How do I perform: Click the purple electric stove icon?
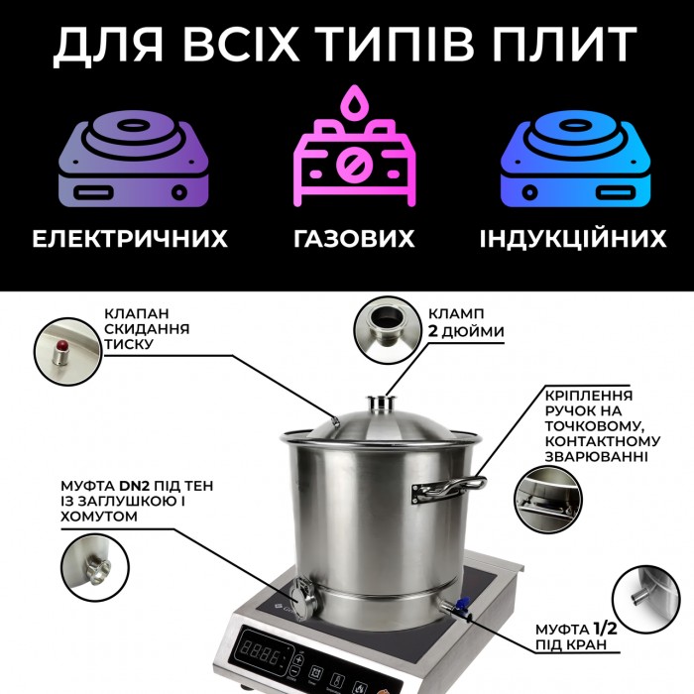pyautogui.click(x=134, y=159)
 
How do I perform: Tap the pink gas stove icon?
pyautogui.click(x=355, y=146)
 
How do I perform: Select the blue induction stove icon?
pyautogui.click(x=575, y=159)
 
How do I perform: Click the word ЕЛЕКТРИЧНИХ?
pyautogui.click(x=130, y=239)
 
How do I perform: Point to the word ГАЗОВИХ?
pyautogui.click(x=354, y=239)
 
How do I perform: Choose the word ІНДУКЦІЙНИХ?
pyautogui.click(x=573, y=238)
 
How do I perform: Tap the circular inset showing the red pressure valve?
pyautogui.click(x=68, y=351)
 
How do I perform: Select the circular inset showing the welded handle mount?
pyautogui.click(x=548, y=500)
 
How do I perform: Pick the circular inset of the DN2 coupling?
pyautogui.click(x=95, y=567)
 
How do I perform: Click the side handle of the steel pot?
pyautogui.click(x=448, y=489)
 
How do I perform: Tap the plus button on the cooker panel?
pyautogui.click(x=298, y=660)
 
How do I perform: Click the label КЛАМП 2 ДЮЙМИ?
pyautogui.click(x=466, y=322)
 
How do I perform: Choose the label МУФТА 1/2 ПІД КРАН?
pyautogui.click(x=576, y=636)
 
